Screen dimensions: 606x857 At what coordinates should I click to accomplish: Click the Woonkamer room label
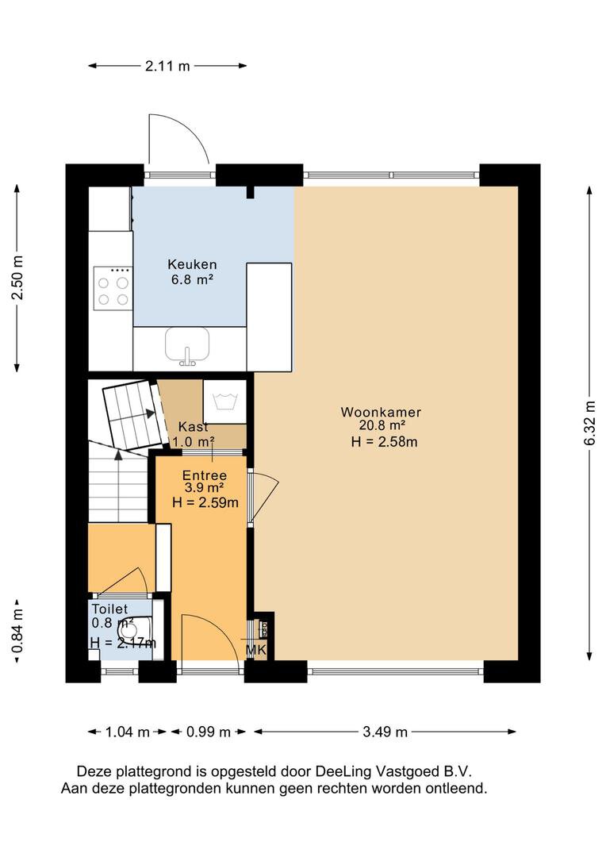pyautogui.click(x=381, y=412)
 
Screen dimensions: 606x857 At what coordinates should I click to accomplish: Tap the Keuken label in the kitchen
pyautogui.click(x=192, y=264)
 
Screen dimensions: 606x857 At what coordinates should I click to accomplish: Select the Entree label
pyautogui.click(x=205, y=475)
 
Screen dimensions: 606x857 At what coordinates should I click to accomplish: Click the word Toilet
pyautogui.click(x=109, y=609)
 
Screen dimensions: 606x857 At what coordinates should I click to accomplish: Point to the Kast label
pyautogui.click(x=194, y=427)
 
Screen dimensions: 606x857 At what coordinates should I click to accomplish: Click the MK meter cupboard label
pyautogui.click(x=255, y=650)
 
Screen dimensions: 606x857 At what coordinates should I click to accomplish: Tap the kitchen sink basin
pyautogui.click(x=187, y=345)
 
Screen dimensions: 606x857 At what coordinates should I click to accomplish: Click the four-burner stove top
pyautogui.click(x=113, y=289)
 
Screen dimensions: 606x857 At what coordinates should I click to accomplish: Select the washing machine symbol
pyautogui.click(x=224, y=402)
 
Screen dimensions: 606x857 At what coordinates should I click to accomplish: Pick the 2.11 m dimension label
pyautogui.click(x=167, y=66)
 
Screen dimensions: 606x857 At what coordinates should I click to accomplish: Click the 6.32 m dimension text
pyautogui.click(x=589, y=423)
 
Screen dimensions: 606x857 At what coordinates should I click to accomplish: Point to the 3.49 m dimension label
pyautogui.click(x=385, y=732)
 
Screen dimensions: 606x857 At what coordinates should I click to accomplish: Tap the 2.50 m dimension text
pyautogui.click(x=18, y=278)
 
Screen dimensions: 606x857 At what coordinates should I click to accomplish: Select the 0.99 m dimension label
pyautogui.click(x=208, y=732)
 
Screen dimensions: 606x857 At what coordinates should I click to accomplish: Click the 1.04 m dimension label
pyautogui.click(x=127, y=732)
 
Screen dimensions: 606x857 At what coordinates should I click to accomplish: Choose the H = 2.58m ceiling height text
pyautogui.click(x=384, y=442)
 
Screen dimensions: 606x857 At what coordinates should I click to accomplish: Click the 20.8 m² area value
pyautogui.click(x=382, y=426)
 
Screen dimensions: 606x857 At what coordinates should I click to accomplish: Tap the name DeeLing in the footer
pyautogui.click(x=340, y=772)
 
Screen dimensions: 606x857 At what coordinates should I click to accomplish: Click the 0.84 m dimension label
pyautogui.click(x=18, y=632)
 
